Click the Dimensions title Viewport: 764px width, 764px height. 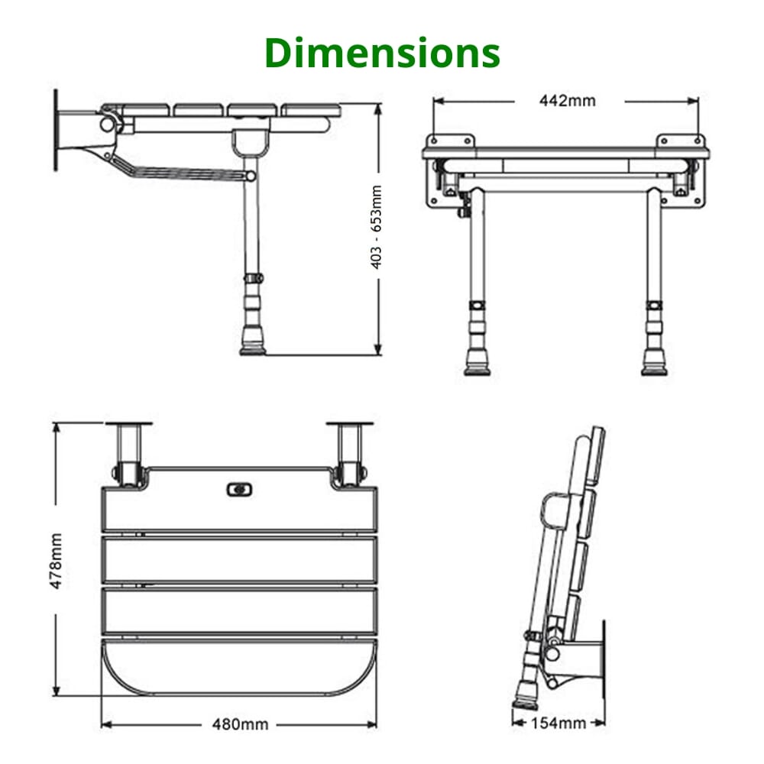[382, 53]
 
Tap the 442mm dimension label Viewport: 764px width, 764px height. [567, 100]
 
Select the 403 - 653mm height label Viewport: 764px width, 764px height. [376, 230]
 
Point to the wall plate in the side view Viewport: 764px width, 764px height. [56, 130]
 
